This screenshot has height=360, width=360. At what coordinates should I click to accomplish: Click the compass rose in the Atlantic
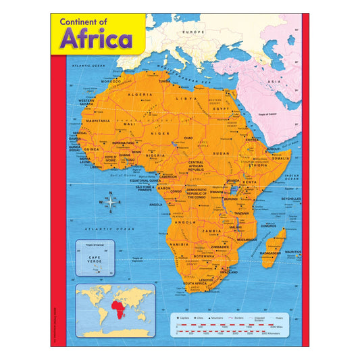[111, 202]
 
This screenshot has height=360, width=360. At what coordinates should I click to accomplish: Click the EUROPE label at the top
[196, 32]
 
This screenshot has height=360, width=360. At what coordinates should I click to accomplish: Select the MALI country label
[130, 124]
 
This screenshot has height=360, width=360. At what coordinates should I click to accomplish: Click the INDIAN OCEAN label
[292, 177]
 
